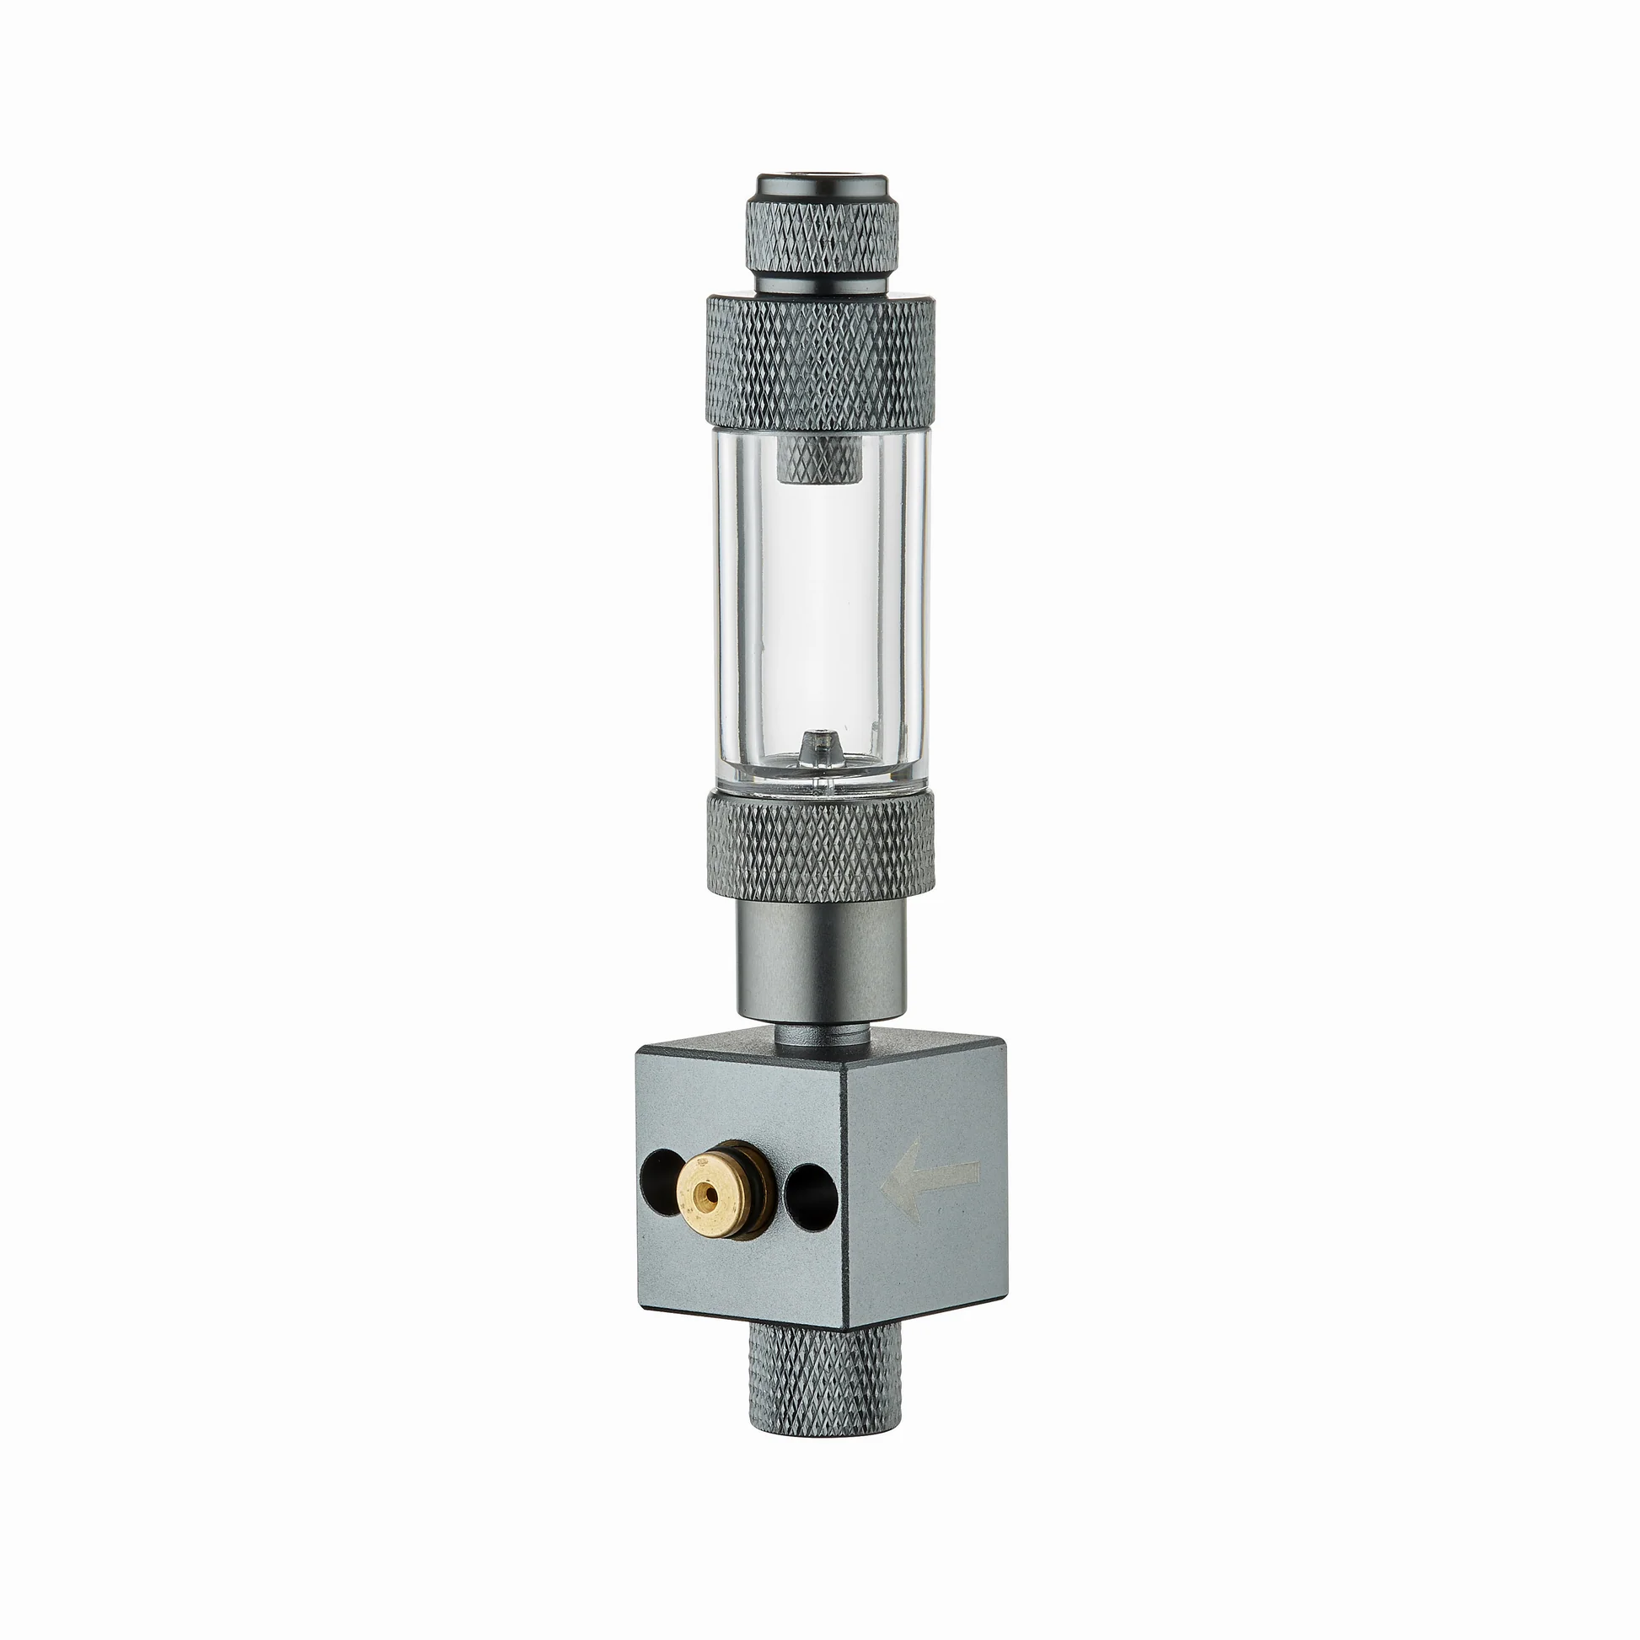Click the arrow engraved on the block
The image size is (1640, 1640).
(930, 1179)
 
